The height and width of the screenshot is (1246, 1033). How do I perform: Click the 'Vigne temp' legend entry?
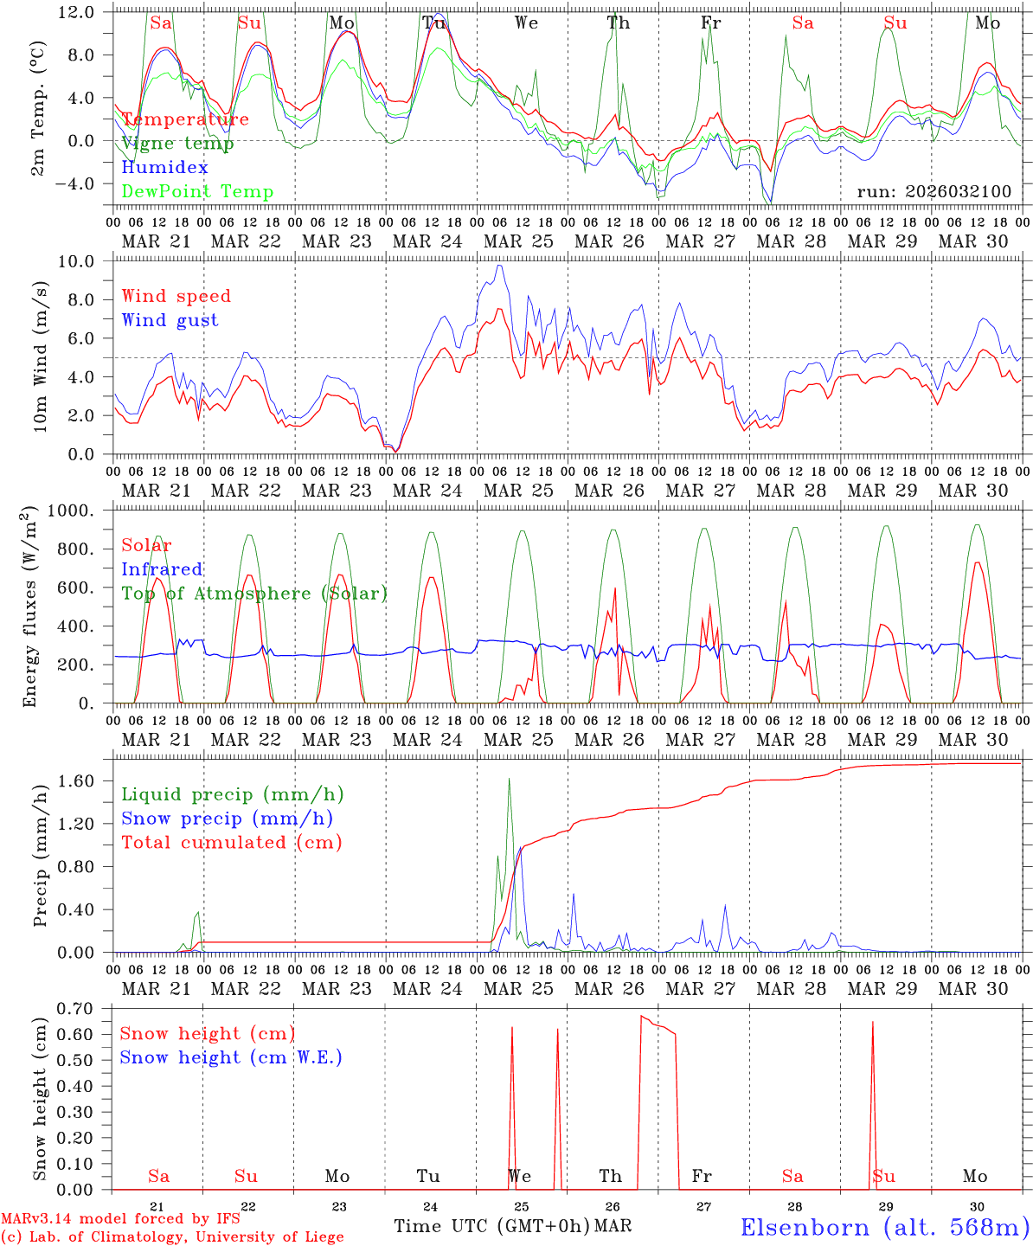(x=177, y=144)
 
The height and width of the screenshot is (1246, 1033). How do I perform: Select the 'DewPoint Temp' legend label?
(x=197, y=192)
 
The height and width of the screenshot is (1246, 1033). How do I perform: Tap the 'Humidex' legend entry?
(x=164, y=168)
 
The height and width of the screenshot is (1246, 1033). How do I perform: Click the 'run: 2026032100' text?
(x=934, y=192)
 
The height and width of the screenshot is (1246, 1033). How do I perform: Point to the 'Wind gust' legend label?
(x=170, y=320)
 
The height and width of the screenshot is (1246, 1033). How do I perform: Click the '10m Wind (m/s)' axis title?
(x=40, y=357)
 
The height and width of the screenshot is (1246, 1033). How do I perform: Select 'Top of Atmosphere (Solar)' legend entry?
(x=253, y=594)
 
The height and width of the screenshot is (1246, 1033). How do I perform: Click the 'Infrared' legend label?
(x=162, y=569)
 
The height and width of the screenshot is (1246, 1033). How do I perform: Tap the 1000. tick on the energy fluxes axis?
(x=71, y=511)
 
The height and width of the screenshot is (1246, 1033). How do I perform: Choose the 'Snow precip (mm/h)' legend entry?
(x=227, y=819)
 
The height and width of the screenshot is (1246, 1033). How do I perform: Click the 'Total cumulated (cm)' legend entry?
(x=231, y=843)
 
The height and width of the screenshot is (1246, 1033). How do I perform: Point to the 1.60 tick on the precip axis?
(x=75, y=781)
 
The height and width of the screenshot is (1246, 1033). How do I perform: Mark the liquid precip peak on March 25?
(x=509, y=779)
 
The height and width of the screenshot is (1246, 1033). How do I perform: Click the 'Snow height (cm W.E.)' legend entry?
(x=230, y=1057)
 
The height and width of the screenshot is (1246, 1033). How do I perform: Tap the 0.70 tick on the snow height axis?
(x=75, y=1008)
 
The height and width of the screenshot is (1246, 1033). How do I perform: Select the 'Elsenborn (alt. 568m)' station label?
(x=884, y=1227)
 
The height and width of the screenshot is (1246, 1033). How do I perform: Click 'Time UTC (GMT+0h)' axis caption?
(x=491, y=1226)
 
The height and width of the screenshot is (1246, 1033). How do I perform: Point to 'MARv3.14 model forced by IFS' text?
(x=120, y=1219)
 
